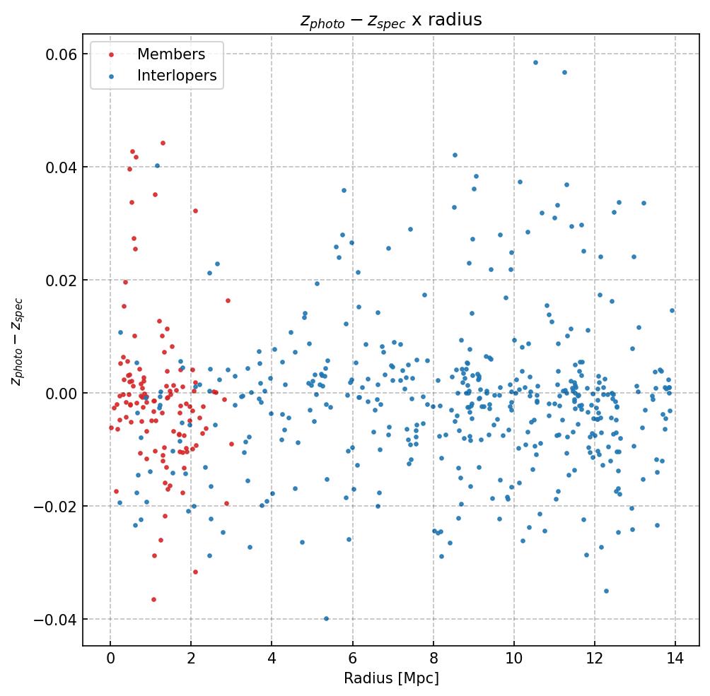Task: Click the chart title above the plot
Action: (391, 20)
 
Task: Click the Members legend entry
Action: (170, 54)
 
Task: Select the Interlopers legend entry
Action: (177, 76)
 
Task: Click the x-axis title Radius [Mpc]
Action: (391, 678)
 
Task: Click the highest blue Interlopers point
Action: (535, 62)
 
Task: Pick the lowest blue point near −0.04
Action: (326, 618)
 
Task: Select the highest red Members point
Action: (163, 143)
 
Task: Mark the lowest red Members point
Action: (153, 599)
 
